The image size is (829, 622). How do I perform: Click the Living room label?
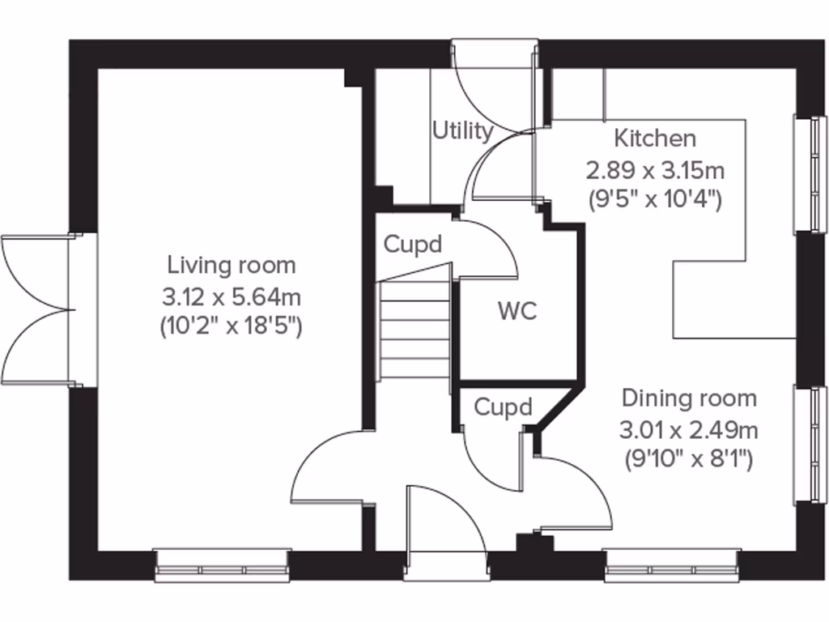232,265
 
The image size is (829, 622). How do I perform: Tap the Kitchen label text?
654,138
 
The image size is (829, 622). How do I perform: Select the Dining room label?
689,398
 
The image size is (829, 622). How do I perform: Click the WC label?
517,312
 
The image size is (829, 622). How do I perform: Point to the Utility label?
462,130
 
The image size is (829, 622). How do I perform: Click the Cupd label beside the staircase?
413,244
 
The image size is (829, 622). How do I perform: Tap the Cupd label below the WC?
503,407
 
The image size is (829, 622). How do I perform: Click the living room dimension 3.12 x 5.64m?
232,296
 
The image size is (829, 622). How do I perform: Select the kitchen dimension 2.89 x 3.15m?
654,170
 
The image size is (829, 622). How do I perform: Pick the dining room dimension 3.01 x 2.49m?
689,429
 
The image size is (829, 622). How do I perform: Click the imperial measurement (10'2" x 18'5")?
232,327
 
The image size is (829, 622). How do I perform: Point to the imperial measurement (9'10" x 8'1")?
689,460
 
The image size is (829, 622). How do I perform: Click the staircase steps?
414,328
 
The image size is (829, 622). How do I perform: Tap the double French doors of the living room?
40,309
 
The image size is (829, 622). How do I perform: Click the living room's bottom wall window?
222,564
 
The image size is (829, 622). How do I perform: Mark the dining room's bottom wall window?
671,564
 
